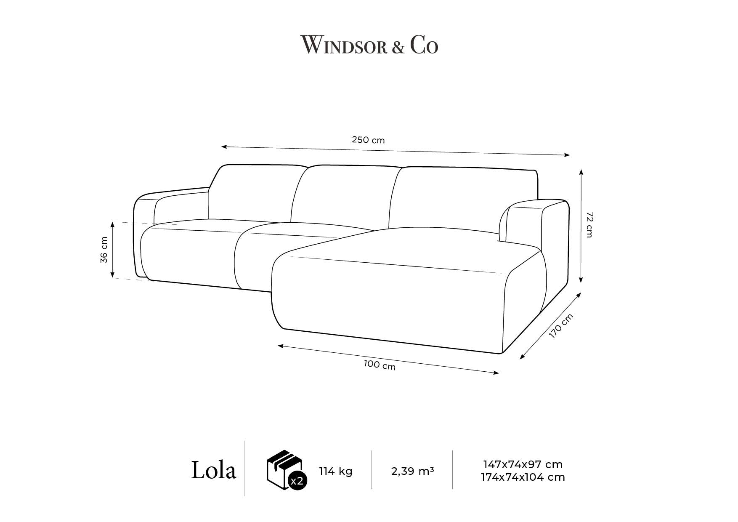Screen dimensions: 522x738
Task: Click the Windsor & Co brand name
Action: (x=369, y=45)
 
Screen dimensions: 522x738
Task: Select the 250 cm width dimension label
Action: (x=368, y=140)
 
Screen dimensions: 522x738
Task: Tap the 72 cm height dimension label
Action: (x=589, y=225)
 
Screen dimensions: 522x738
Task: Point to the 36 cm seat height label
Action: (x=104, y=250)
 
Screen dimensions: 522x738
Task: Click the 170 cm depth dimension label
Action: (x=561, y=326)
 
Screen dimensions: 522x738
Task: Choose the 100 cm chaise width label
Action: (x=380, y=365)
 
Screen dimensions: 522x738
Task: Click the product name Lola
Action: (x=213, y=470)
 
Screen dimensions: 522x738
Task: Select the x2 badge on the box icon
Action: (x=297, y=481)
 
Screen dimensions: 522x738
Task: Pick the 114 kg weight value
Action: (x=335, y=471)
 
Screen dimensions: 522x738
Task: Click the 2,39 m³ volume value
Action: (x=412, y=471)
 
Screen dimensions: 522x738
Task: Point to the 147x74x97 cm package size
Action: (x=523, y=465)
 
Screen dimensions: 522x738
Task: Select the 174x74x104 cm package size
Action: (x=523, y=477)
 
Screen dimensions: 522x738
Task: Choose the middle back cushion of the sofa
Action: (x=345, y=194)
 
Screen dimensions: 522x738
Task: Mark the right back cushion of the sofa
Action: (x=463, y=198)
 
